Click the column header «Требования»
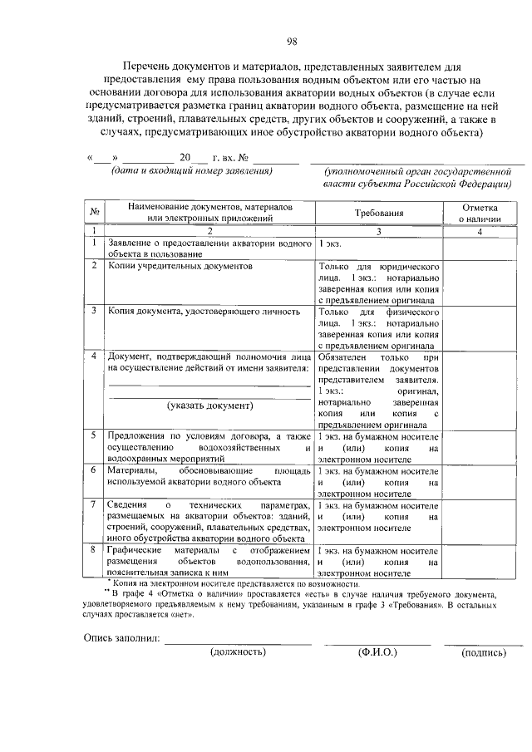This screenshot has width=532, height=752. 378,213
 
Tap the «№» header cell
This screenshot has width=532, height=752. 95,213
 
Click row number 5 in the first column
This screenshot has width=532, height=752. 95,435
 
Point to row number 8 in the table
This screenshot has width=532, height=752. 95,551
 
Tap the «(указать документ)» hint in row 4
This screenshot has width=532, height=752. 209,405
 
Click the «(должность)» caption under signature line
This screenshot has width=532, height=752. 237,651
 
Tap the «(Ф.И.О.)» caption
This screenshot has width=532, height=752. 377,651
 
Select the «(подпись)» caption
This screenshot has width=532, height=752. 483,652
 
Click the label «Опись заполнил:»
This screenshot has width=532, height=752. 121,639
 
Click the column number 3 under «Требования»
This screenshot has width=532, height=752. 378,231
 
